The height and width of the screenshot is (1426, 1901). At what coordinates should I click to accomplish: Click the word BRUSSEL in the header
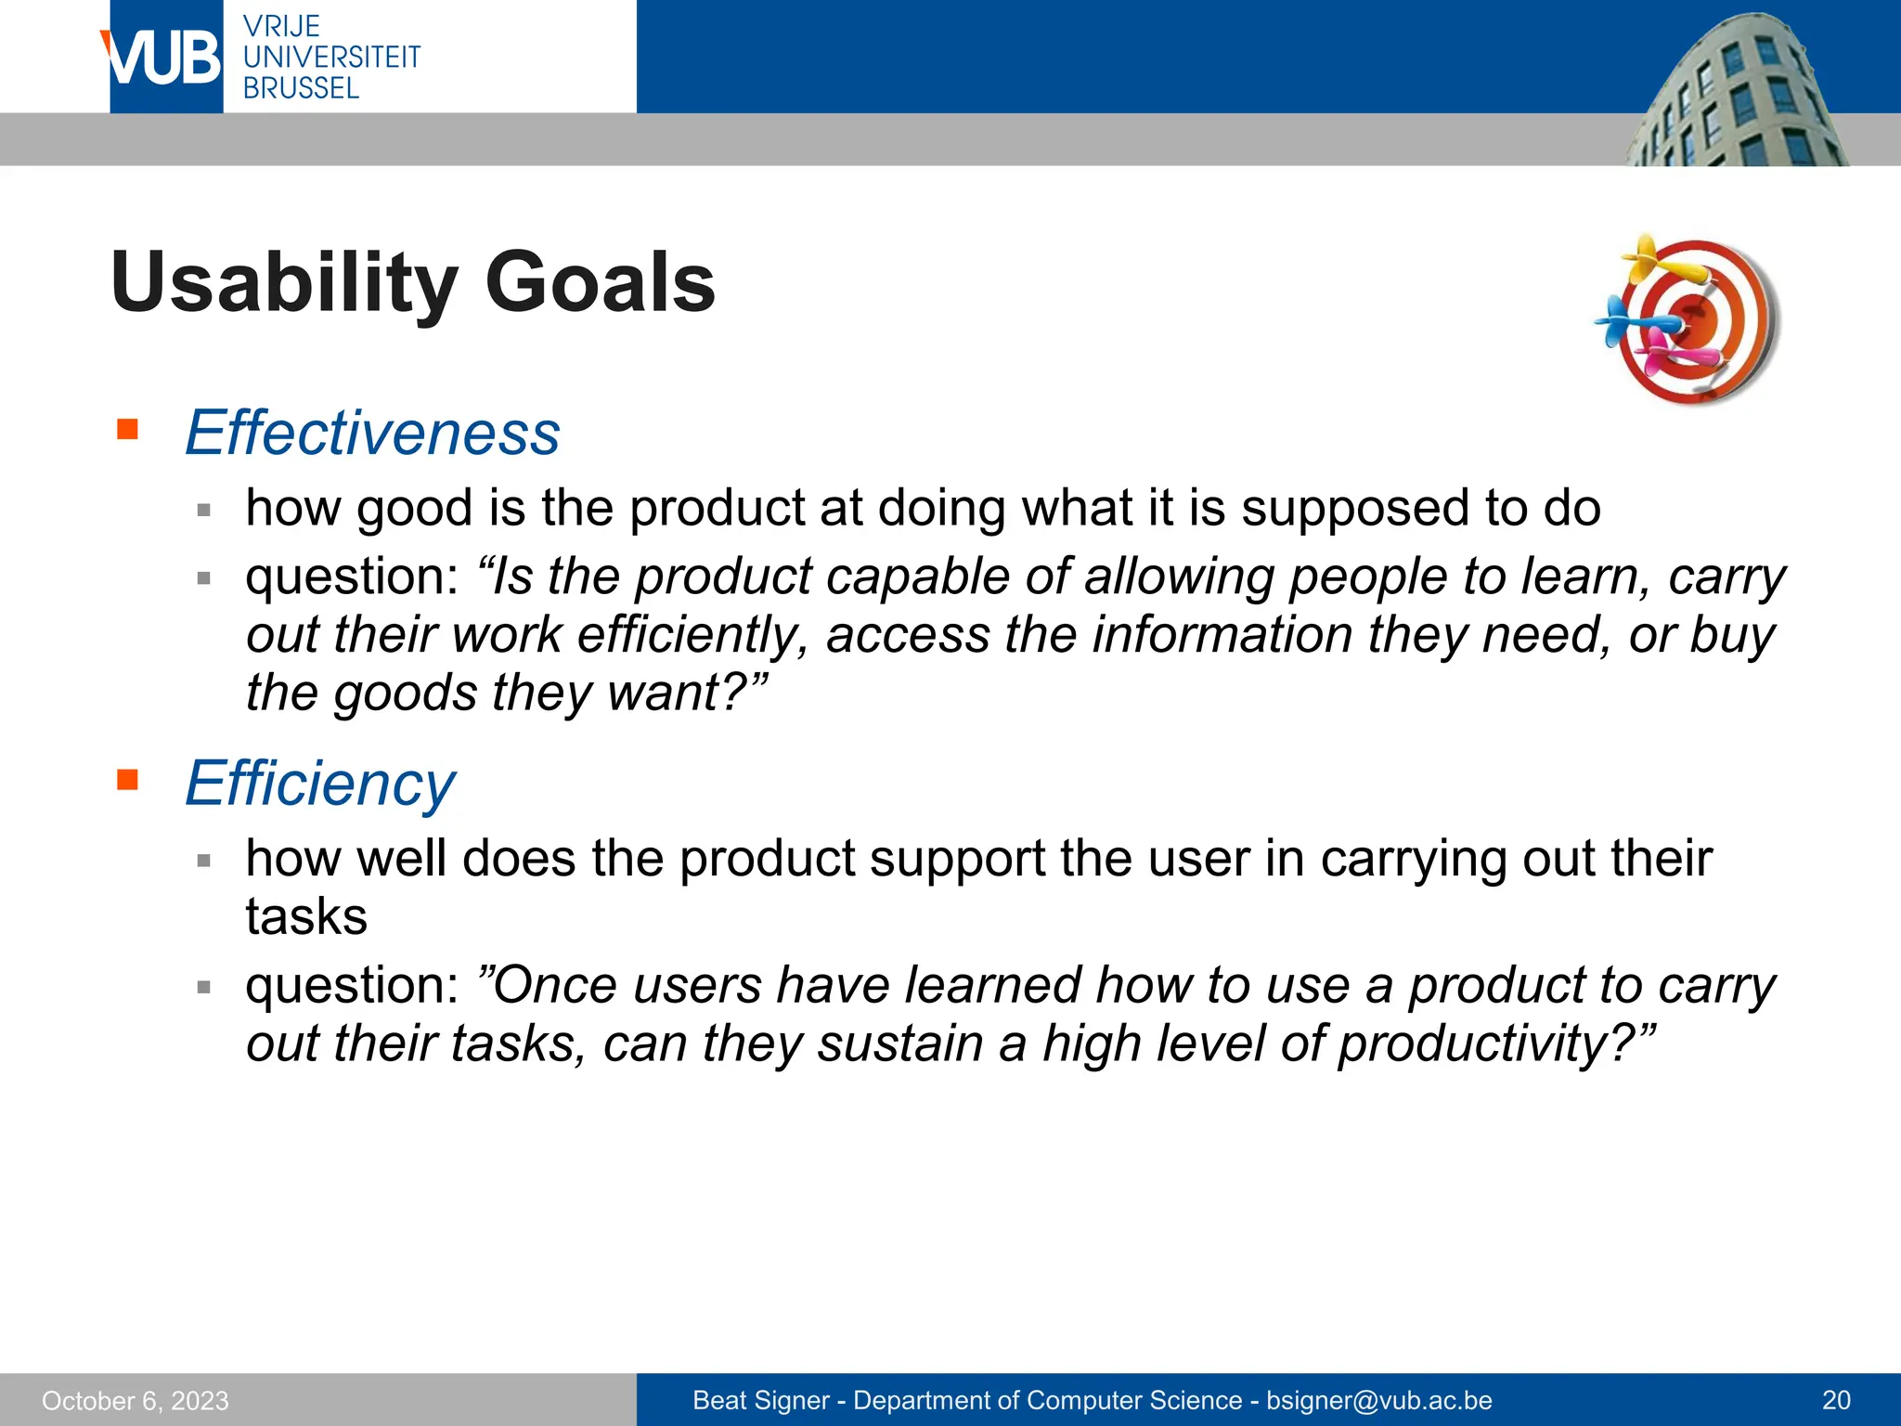coord(301,88)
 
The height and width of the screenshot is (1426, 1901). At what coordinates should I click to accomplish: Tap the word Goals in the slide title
coord(600,282)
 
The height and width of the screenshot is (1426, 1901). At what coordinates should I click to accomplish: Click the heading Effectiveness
coord(372,433)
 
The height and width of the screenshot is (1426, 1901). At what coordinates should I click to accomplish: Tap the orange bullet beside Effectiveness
coord(127,429)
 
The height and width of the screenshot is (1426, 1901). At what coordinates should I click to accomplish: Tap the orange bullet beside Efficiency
coord(127,779)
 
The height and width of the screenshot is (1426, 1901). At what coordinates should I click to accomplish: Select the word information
coord(1222,636)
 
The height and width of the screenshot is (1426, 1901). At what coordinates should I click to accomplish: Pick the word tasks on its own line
coord(306,917)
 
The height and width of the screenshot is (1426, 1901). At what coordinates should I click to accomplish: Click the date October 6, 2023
coord(136,1400)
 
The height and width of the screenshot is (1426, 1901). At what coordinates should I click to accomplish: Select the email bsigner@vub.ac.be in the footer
coord(1378,1400)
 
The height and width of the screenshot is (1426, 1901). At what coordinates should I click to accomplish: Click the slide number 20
coord(1835,1400)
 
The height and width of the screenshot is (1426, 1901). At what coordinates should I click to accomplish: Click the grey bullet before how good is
coord(204,509)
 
